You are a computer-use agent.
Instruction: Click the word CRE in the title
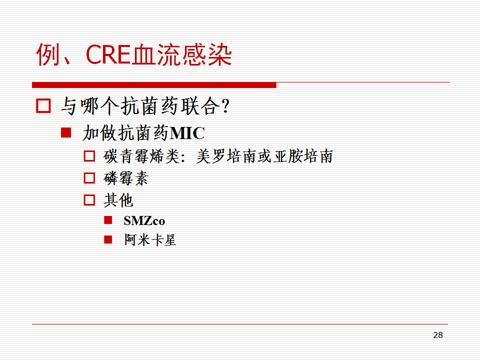(x=108, y=55)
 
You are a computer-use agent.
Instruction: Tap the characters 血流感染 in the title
(x=182, y=55)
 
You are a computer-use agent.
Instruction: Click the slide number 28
(x=438, y=335)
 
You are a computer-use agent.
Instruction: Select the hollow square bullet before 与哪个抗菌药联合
(x=43, y=105)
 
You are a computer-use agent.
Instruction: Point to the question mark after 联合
(x=226, y=106)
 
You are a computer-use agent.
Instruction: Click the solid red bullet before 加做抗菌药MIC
(x=66, y=132)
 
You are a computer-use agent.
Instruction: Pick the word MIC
(x=187, y=133)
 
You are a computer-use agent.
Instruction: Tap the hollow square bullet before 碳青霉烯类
(x=89, y=156)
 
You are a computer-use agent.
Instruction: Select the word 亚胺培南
(x=303, y=156)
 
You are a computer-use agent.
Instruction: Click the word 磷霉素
(x=126, y=178)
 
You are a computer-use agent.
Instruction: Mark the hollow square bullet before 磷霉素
(x=89, y=178)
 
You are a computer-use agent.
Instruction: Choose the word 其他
(x=118, y=200)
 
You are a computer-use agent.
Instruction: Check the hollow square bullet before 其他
(x=89, y=200)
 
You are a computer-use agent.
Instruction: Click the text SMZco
(x=144, y=220)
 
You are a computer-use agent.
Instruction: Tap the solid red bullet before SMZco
(x=108, y=220)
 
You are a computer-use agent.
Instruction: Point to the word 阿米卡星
(x=150, y=239)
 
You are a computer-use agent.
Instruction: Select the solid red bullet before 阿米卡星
(x=108, y=239)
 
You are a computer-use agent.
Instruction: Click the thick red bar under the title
(x=154, y=85)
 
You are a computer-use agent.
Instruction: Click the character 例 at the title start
(x=48, y=55)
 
